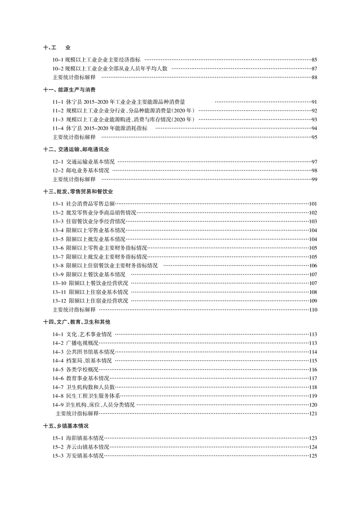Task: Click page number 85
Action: click(x=314, y=59)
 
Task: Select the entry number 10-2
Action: click(x=58, y=69)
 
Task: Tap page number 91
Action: click(x=314, y=102)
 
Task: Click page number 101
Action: click(x=312, y=204)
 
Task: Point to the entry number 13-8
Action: click(x=58, y=265)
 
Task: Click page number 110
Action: click(x=312, y=309)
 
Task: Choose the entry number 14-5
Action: click(x=58, y=369)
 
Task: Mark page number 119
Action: click(x=312, y=396)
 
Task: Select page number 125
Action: click(x=312, y=456)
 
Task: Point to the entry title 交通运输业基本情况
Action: click(x=90, y=162)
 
